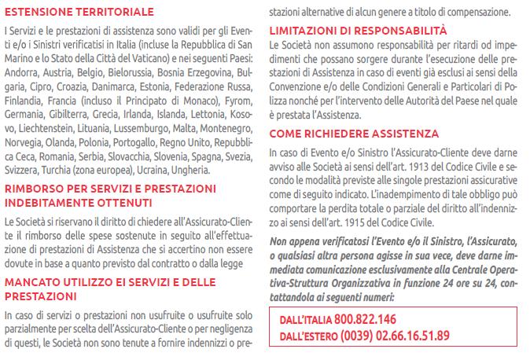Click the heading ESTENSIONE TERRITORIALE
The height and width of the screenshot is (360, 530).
point(79,12)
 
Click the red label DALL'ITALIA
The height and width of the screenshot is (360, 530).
point(305,320)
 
